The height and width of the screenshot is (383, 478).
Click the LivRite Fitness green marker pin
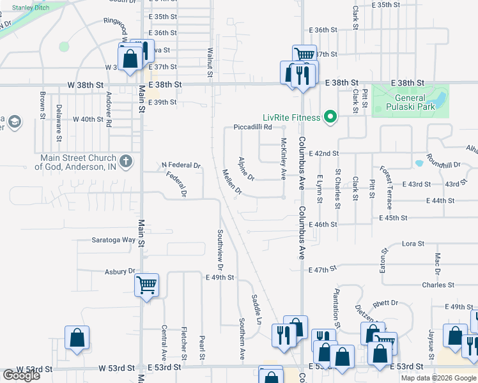(x=330, y=117)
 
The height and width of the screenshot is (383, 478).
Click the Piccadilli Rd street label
(x=253, y=127)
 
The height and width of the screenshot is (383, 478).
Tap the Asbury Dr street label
(x=121, y=271)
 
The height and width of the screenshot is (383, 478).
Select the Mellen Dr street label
(x=232, y=183)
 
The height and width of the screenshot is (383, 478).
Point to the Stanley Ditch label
(x=31, y=8)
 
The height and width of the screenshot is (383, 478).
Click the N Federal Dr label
(x=181, y=165)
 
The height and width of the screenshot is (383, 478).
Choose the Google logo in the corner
(x=21, y=375)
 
